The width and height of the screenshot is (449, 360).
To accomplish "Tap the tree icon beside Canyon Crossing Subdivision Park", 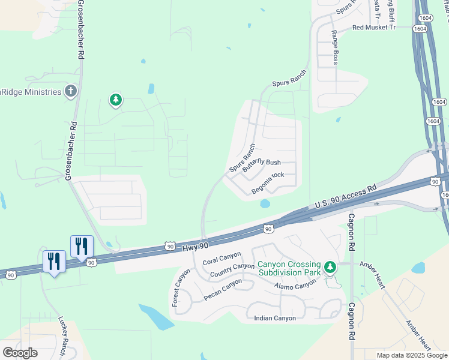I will pyautogui.click(x=329, y=267).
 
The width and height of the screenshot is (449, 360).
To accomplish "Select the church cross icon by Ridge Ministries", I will pyautogui.click(x=71, y=91).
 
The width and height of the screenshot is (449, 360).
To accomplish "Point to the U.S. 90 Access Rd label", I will pyautogui.click(x=346, y=196).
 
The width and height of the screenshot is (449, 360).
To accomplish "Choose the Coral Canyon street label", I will pyautogui.click(x=221, y=258).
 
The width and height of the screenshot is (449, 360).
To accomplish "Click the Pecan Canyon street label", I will pyautogui.click(x=223, y=289).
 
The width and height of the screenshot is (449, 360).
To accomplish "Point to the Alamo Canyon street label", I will pyautogui.click(x=297, y=284).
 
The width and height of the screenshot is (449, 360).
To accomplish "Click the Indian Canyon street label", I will pyautogui.click(x=275, y=318).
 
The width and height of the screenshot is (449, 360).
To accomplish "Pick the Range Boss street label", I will pyautogui.click(x=335, y=48).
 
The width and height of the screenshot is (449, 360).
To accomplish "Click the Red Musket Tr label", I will pyautogui.click(x=374, y=27).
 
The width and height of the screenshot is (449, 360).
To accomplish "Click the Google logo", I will pyautogui.click(x=20, y=353).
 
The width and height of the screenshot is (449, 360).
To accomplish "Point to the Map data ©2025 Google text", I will pyautogui.click(x=412, y=355).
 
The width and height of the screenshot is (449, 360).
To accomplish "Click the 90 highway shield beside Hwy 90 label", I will pyautogui.click(x=170, y=246).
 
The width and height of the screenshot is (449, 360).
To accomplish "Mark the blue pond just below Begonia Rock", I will pyautogui.click(x=265, y=203).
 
